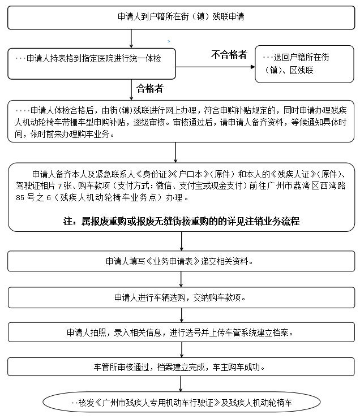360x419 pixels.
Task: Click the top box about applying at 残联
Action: point(181,18)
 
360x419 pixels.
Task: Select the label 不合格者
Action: point(229,55)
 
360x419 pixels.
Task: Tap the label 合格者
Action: point(150,88)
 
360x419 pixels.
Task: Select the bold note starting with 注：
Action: point(181,221)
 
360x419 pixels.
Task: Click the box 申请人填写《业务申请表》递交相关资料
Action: point(181,262)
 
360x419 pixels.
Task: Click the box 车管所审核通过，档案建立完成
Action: point(181,366)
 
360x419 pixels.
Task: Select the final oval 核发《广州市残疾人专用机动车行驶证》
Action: point(181,403)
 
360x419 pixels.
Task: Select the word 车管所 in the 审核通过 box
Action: point(105,366)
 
